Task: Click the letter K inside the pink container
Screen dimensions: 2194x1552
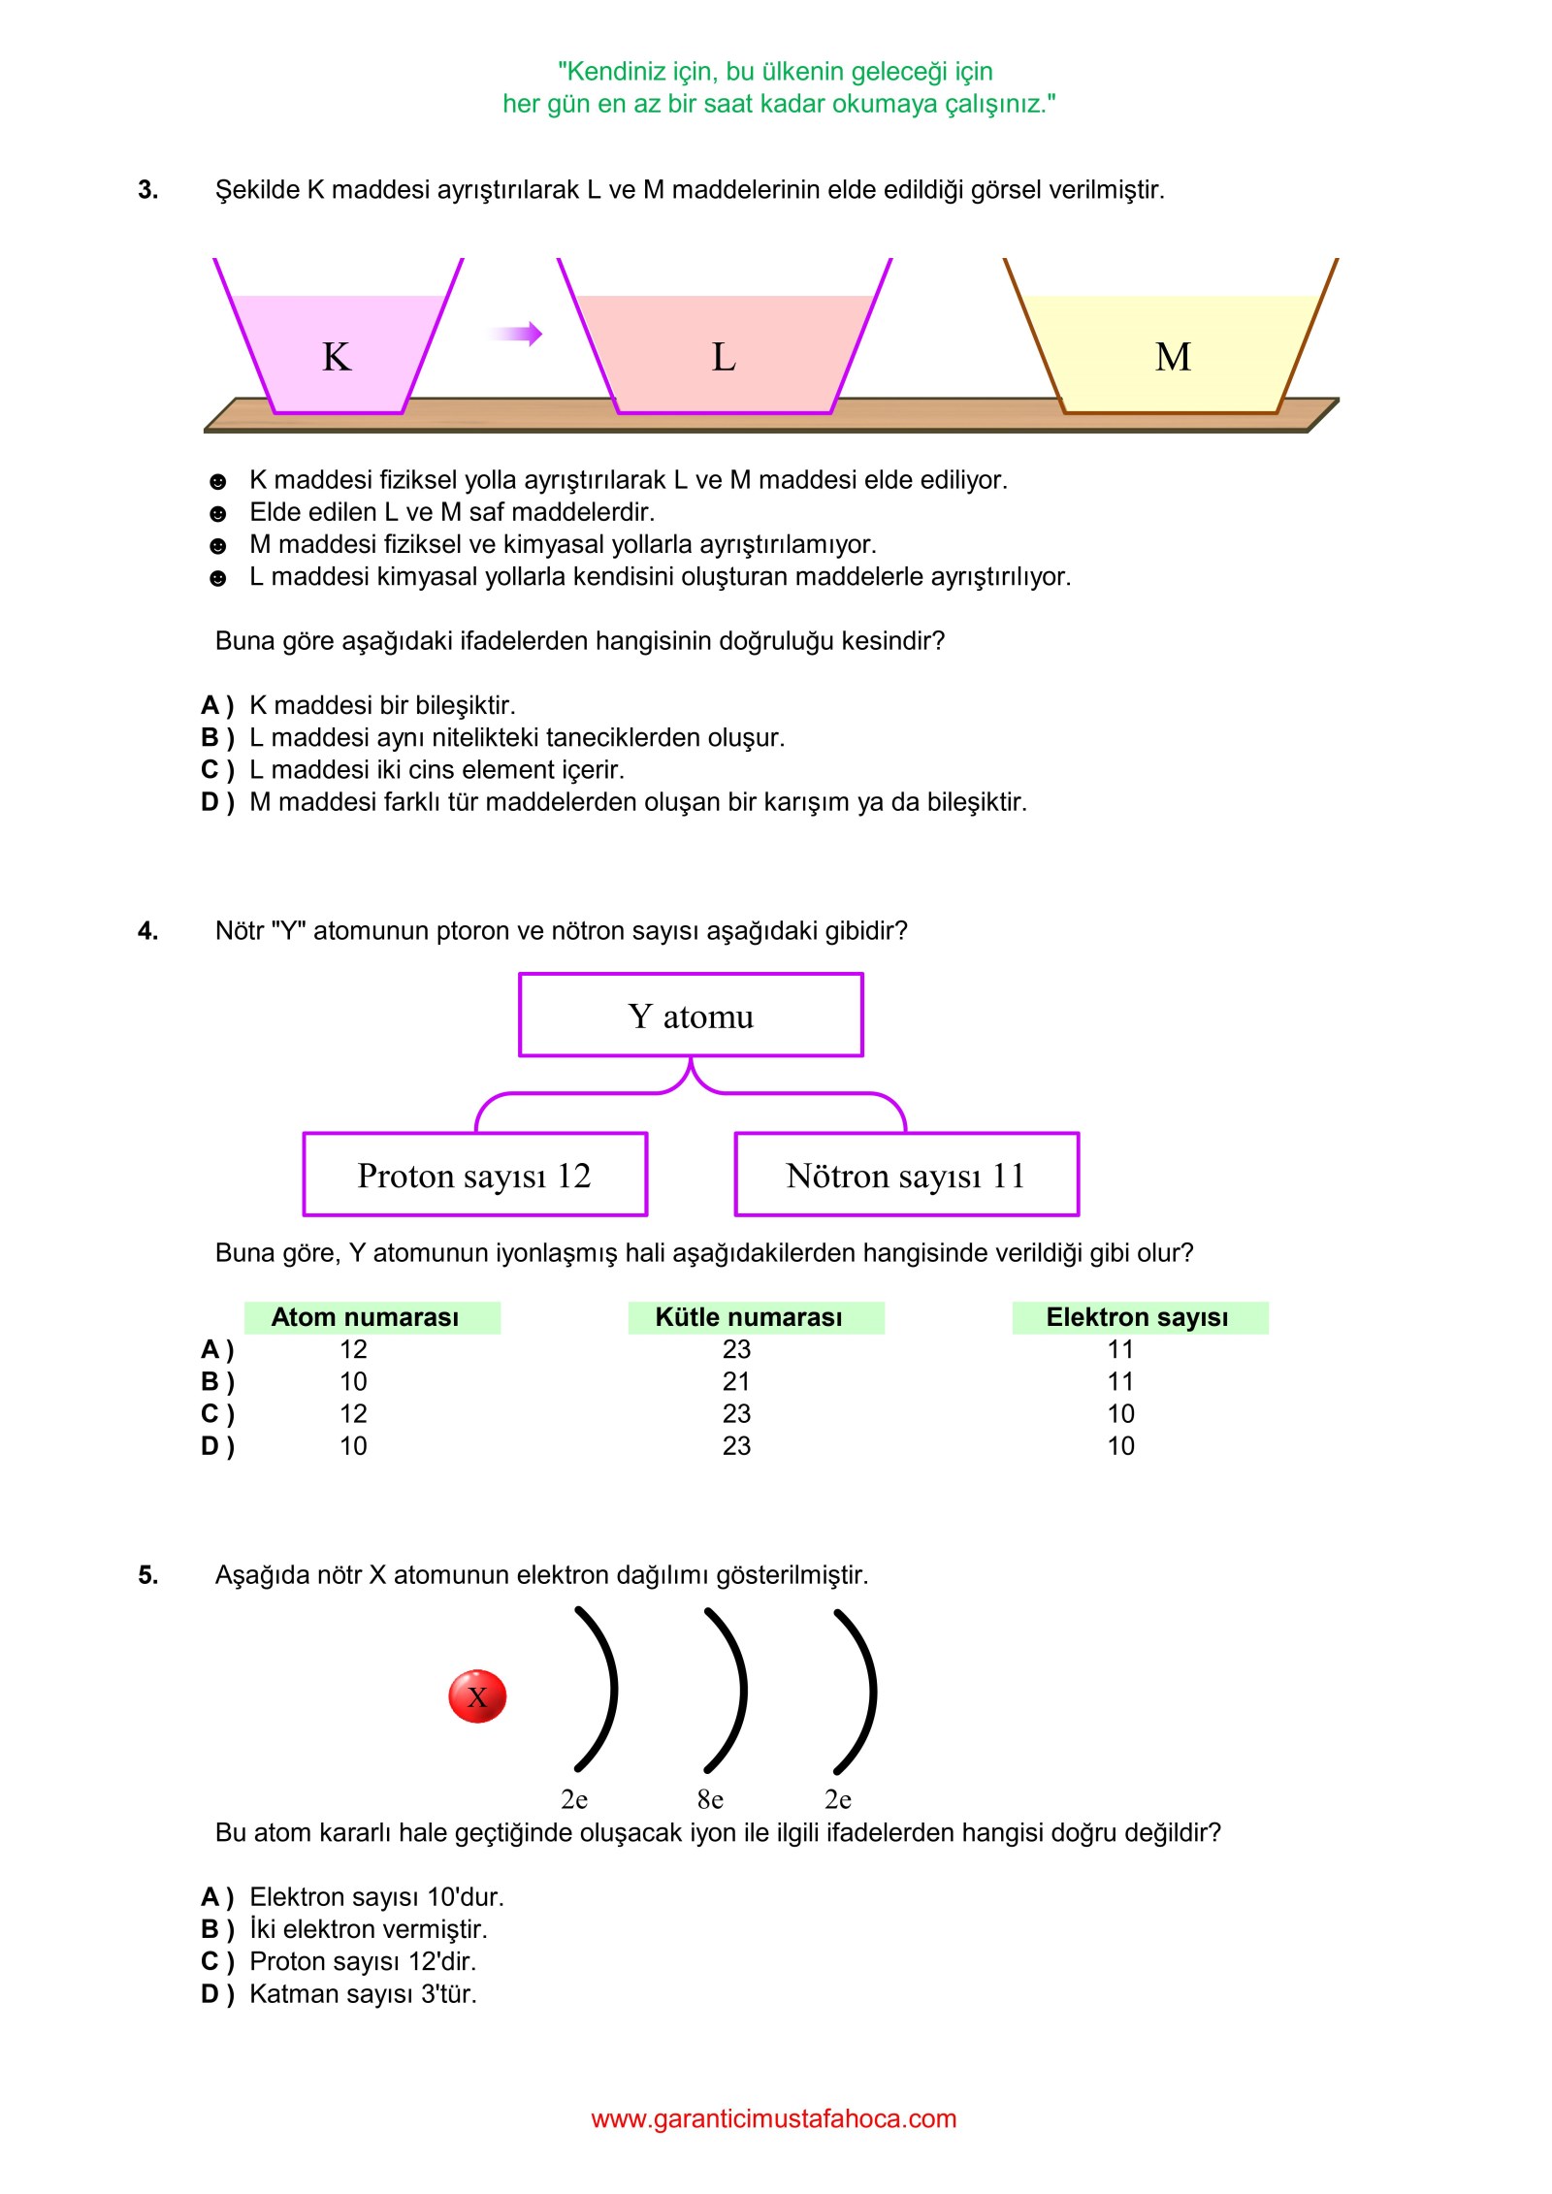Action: [x=337, y=357]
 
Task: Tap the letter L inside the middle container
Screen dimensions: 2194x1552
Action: [x=724, y=357]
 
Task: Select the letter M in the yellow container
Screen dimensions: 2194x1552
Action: [x=1173, y=357]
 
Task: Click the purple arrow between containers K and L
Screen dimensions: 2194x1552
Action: [x=516, y=334]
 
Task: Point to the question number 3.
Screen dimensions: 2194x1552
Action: [x=147, y=190]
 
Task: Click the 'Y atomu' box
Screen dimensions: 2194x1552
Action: [x=691, y=1016]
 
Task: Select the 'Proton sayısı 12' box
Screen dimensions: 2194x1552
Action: [x=474, y=1175]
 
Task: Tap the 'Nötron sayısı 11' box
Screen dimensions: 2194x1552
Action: [x=906, y=1175]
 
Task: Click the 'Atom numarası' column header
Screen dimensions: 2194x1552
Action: [x=366, y=1317]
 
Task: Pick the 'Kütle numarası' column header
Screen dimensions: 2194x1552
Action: [x=749, y=1317]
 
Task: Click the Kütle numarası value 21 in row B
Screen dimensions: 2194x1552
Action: [x=736, y=1381]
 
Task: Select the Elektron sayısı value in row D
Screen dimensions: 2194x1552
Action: [x=1120, y=1446]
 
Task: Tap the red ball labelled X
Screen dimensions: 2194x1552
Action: [x=477, y=1696]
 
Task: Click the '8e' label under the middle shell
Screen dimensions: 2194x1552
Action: [x=710, y=1800]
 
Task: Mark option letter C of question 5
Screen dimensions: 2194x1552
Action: [x=216, y=1961]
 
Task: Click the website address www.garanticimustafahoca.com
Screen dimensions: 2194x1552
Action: [x=774, y=2118]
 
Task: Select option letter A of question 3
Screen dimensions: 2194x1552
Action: [x=216, y=705]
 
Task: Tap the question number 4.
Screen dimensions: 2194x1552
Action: [x=147, y=931]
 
